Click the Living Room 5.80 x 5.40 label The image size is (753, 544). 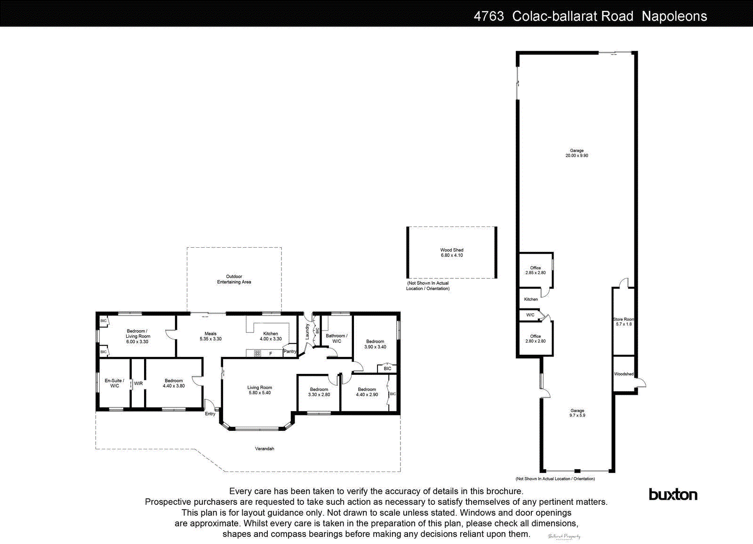pos(259,390)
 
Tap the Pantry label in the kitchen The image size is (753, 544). pos(290,351)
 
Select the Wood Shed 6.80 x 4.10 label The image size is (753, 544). pos(452,253)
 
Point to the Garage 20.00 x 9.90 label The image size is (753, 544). pos(577,153)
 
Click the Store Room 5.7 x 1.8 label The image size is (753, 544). pos(624,322)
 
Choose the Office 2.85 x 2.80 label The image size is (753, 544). pos(536,270)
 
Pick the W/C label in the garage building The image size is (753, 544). pos(530,315)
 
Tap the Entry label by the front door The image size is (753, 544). pos(210,414)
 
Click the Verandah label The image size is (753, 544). pos(264,449)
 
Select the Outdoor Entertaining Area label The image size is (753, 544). pos(234,279)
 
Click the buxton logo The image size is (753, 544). pos(673,495)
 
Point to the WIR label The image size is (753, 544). pos(138,384)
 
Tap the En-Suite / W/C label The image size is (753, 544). pos(114,383)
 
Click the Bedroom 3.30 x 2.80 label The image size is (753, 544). pos(319,392)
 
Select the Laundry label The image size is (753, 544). pos(307,332)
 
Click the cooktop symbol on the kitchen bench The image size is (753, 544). pos(257,353)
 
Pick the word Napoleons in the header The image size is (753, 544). pos(674,16)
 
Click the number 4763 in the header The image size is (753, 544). pos(489,16)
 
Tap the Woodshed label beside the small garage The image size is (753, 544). pos(624,374)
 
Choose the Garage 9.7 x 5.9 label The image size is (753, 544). pos(577,413)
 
